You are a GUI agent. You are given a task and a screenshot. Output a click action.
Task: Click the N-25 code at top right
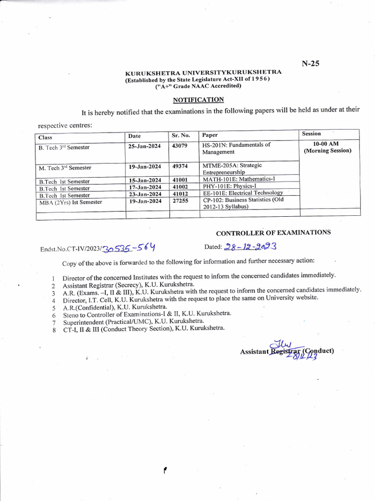click(x=310, y=63)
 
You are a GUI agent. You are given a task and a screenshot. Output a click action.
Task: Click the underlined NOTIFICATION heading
click(x=198, y=100)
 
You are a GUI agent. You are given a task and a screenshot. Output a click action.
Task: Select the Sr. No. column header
click(x=181, y=135)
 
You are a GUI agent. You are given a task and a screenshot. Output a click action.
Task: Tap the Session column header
click(x=312, y=134)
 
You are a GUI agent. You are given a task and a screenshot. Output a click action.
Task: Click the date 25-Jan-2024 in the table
click(x=145, y=146)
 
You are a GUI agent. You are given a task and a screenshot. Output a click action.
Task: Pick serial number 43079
click(x=180, y=146)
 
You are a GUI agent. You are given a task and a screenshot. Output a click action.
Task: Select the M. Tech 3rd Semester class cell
click(x=65, y=168)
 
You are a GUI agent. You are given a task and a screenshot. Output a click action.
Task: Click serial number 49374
click(x=180, y=166)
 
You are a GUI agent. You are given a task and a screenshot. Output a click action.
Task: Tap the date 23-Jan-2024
click(x=145, y=194)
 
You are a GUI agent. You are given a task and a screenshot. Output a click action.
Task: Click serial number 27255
click(x=180, y=201)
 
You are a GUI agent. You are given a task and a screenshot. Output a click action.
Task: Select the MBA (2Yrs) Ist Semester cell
click(x=70, y=202)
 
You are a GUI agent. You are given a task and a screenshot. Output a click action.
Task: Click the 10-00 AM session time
click(x=327, y=144)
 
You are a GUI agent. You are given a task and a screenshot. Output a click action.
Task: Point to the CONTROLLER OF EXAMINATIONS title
click(x=273, y=233)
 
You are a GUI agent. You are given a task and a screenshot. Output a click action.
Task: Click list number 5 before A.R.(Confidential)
click(x=53, y=309)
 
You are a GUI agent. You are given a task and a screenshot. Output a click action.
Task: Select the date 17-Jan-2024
click(x=145, y=187)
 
